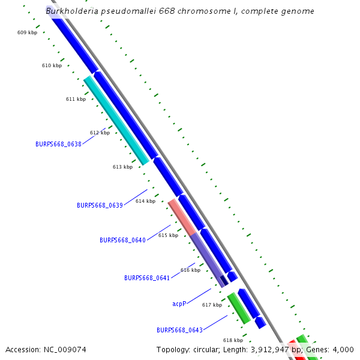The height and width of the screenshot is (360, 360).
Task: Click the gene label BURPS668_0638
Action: [58, 144]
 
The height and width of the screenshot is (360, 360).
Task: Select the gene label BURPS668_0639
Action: [100, 205]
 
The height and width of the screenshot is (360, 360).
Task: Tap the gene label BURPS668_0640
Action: [122, 240]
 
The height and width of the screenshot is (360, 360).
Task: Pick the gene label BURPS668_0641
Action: [147, 278]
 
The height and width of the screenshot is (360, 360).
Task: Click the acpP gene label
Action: [179, 304]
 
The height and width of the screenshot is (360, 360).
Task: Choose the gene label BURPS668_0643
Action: [179, 330]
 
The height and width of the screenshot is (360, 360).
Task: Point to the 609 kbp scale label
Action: [27, 32]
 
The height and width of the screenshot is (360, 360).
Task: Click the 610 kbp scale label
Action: [52, 65]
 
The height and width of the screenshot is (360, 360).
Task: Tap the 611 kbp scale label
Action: [76, 99]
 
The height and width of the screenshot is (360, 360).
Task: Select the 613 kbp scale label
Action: [122, 167]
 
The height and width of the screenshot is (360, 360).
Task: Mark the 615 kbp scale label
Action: [168, 235]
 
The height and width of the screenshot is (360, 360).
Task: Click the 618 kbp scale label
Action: [233, 340]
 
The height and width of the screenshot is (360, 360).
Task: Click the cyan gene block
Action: [116, 120]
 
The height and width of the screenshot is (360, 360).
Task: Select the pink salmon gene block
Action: [182, 217]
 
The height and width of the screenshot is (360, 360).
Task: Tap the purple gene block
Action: [207, 258]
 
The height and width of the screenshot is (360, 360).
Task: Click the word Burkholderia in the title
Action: [74, 11]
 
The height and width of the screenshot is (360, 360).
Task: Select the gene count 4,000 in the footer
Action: [343, 349]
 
